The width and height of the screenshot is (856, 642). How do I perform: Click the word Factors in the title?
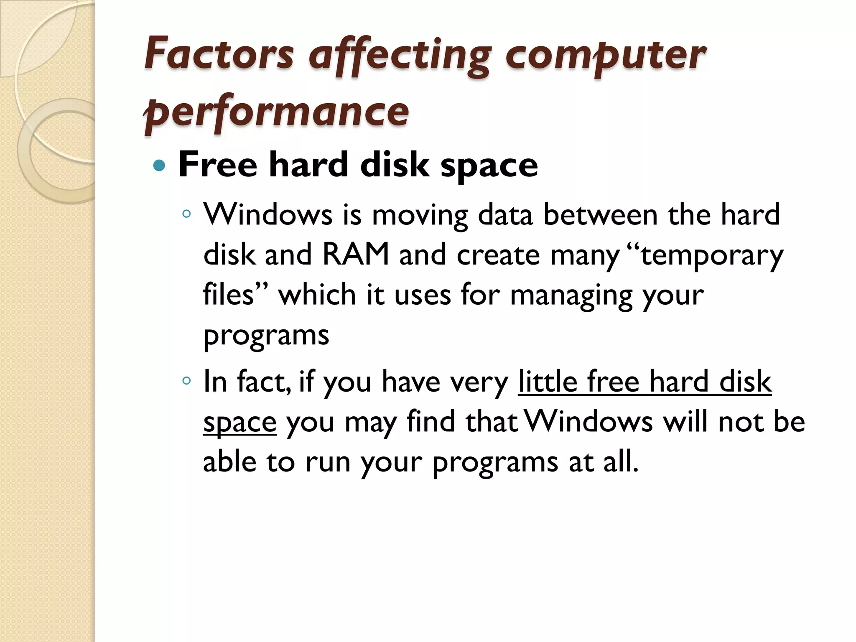[219, 54]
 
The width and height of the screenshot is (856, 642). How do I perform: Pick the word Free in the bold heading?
[217, 165]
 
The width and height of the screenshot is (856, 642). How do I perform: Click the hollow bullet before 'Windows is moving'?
[186, 214]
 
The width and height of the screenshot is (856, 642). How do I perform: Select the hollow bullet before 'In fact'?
[186, 381]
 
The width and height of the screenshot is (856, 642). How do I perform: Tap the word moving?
[420, 216]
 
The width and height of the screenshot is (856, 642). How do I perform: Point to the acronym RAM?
[356, 255]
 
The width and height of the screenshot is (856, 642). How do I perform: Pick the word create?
[498, 255]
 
